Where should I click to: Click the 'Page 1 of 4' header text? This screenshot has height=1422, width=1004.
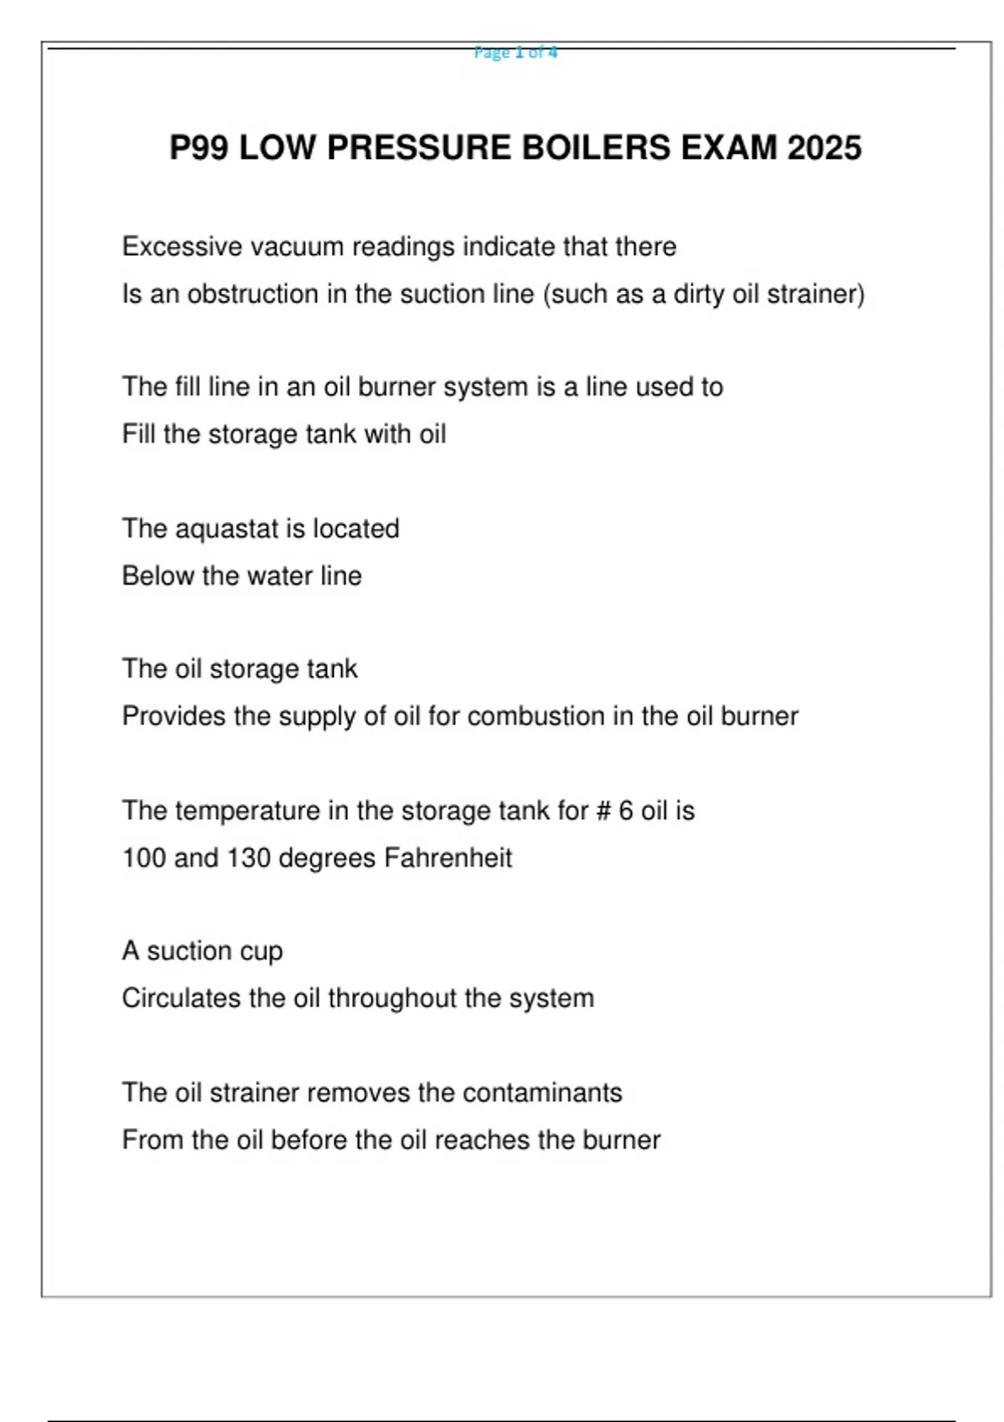coord(515,53)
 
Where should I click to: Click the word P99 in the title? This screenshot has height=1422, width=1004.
coord(199,148)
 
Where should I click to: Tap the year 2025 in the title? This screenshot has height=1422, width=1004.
coord(824,148)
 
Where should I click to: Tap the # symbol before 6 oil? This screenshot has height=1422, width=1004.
coord(602,811)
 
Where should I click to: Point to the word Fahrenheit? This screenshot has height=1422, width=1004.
coord(448,858)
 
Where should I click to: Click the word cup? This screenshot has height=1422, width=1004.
coord(261,952)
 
